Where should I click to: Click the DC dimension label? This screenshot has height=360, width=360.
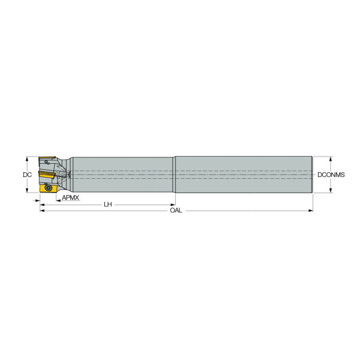tap(28, 175)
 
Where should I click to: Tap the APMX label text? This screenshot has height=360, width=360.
tap(70, 197)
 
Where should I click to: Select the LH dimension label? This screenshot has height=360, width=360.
tap(107, 205)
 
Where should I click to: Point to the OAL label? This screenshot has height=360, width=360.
tap(176, 211)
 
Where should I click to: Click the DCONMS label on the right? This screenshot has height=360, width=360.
tap(331, 175)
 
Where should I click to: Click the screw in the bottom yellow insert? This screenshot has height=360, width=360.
tap(48, 188)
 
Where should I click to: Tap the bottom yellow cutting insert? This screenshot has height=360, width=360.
tap(48, 188)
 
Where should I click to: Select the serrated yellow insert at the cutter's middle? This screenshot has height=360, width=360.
tap(47, 174)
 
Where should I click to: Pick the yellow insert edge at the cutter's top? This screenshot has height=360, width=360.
tap(47, 158)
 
